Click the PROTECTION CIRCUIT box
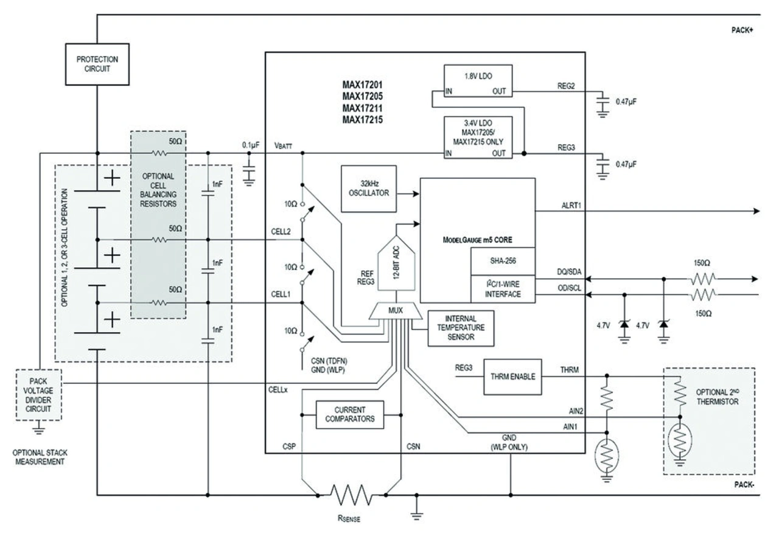click(97, 64)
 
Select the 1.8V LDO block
click(478, 81)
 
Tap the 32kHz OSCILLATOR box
click(369, 189)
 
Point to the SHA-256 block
click(503, 261)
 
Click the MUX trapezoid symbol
click(396, 311)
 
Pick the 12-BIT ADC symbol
click(396, 263)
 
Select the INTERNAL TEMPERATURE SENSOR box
click(461, 329)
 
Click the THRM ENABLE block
click(512, 377)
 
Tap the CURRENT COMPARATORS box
click(350, 414)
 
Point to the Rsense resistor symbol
click(352, 495)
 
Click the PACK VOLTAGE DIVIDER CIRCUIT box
click(38, 395)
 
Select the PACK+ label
click(742, 30)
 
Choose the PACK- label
click(744, 484)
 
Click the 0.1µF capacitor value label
click(251, 145)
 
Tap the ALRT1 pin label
click(571, 206)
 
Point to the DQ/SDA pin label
click(569, 272)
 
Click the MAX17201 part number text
click(362, 85)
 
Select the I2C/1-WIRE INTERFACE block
click(503, 289)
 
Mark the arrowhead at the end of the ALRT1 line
click(756, 211)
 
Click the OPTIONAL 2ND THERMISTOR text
click(717, 397)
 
